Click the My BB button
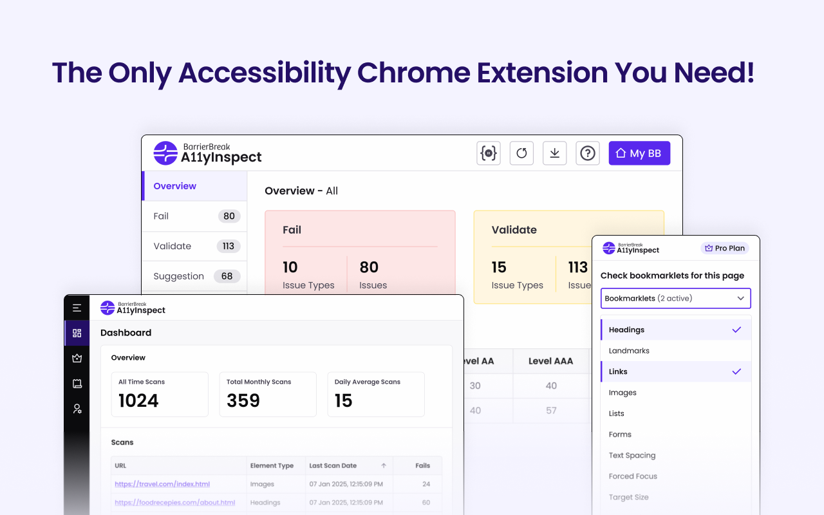coord(639,153)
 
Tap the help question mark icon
coord(587,153)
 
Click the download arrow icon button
coord(554,153)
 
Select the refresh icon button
coord(521,153)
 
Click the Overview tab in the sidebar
coord(175,186)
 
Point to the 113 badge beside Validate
coord(229,246)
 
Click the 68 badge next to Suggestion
coord(227,276)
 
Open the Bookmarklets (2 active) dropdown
coord(675,299)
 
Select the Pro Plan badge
coord(725,248)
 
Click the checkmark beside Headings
coord(736,330)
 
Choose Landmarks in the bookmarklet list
coord(629,351)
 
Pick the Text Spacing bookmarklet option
coord(632,455)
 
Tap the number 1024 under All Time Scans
coord(138,400)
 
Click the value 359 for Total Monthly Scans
coord(243,400)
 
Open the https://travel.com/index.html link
coord(162,484)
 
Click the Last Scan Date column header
coord(333,465)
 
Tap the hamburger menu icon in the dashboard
coord(77,308)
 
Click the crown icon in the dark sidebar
coord(77,358)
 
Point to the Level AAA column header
coord(550,361)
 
